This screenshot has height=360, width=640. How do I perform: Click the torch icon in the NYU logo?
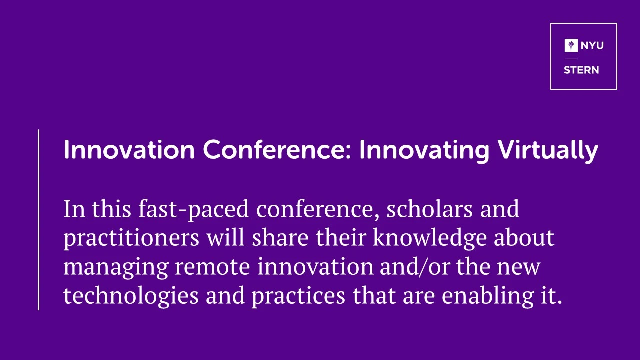(x=571, y=45)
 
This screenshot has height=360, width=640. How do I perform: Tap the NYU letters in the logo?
(x=592, y=45)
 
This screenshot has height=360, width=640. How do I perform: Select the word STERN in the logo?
(x=581, y=70)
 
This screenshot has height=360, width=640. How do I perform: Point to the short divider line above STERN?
(x=571, y=59)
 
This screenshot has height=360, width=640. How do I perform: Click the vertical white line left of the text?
(x=38, y=220)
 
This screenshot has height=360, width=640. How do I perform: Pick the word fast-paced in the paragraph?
(x=193, y=210)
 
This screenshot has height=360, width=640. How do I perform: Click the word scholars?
(x=429, y=209)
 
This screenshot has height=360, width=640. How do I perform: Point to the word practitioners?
(x=131, y=239)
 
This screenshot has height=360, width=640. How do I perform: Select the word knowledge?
(x=430, y=239)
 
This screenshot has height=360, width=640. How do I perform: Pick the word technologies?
(x=131, y=296)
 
